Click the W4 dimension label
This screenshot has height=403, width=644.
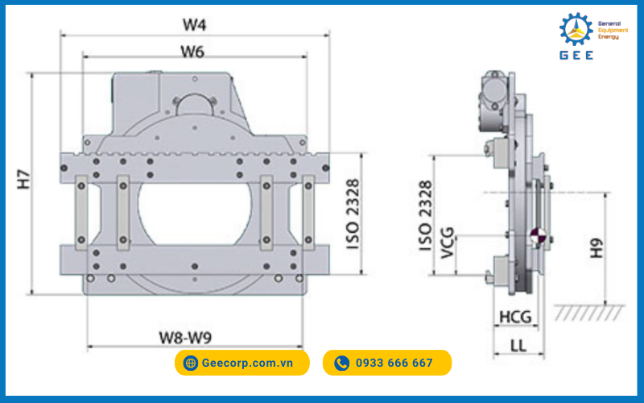pos(194,23)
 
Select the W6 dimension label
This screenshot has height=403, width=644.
pos(192,52)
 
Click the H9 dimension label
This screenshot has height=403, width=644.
pos(596,247)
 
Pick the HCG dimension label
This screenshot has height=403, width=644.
pos(515,316)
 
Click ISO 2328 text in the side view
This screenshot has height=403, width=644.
pos(427,216)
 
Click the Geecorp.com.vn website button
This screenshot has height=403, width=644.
pos(242,363)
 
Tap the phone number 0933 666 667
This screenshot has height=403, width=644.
pos(387,363)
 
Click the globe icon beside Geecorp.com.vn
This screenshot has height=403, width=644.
pos(191,363)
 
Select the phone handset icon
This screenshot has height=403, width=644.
pos(341,363)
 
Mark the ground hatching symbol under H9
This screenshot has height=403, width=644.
pos(589,310)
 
